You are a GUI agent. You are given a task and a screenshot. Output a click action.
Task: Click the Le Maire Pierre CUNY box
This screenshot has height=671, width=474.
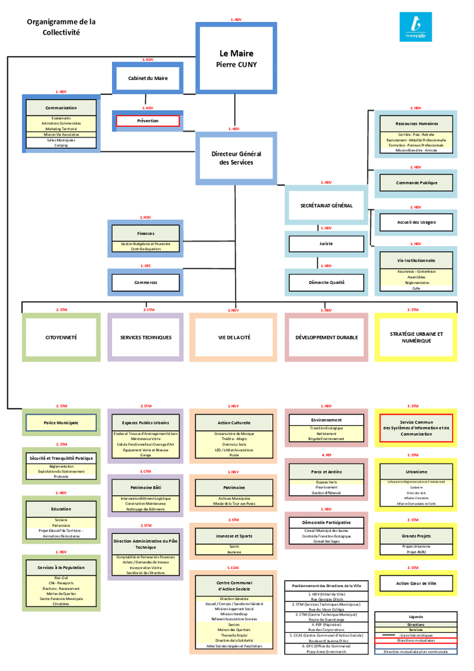pos(236,58)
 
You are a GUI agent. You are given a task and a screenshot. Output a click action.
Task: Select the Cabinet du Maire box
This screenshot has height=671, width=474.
pos(148,78)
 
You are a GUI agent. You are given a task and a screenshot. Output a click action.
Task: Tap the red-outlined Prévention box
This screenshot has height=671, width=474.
pos(148,120)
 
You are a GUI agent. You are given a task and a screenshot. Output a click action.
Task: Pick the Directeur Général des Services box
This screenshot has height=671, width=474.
pos(236,158)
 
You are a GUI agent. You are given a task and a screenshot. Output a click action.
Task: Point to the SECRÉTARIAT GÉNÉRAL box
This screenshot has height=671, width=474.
pos(326,206)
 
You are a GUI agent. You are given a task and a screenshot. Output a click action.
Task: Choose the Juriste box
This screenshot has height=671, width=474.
pos(326,243)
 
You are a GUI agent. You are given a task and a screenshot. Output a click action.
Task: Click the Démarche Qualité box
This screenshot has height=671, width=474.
pos(326,282)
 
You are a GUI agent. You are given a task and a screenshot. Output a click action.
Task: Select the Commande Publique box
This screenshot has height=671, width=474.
pos(416,183)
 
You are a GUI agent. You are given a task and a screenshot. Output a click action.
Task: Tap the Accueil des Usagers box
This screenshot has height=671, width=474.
pos(416,222)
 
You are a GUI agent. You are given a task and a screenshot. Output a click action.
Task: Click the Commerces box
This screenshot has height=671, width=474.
pos(145,282)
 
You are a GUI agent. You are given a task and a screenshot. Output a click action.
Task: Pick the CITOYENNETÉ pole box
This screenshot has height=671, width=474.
pos(61,337)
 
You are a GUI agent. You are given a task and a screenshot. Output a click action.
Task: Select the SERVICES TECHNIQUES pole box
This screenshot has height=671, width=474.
pos(145,337)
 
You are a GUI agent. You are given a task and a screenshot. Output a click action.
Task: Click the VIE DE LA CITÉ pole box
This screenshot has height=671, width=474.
pos(234,337)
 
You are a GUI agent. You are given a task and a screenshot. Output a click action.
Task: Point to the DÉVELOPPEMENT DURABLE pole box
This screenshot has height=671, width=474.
pos(326,337)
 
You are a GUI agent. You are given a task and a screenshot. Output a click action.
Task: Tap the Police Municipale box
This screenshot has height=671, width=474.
pos(61,423)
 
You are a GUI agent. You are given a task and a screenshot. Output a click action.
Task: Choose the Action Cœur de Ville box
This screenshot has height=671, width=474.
pos(416,583)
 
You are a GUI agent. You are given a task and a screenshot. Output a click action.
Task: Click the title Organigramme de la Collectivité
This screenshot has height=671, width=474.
pos(61,27)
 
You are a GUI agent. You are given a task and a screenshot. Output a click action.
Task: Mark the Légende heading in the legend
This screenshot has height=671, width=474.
pos(416,617)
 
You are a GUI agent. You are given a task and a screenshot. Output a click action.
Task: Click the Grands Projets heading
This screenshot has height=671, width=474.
pos(416,536)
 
